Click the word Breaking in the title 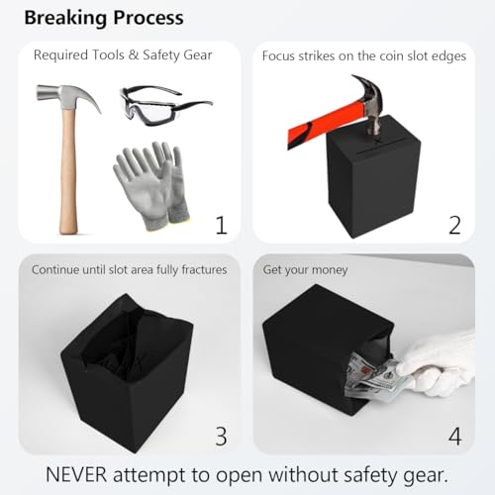65,18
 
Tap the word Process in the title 148,18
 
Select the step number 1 222,226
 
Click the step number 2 454,226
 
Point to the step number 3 222,436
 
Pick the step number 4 454,436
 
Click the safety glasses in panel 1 165,106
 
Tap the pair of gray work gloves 151,185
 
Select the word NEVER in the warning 76,475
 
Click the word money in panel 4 330,270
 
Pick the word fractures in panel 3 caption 204,269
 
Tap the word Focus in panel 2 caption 278,56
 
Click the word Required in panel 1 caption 60,55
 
